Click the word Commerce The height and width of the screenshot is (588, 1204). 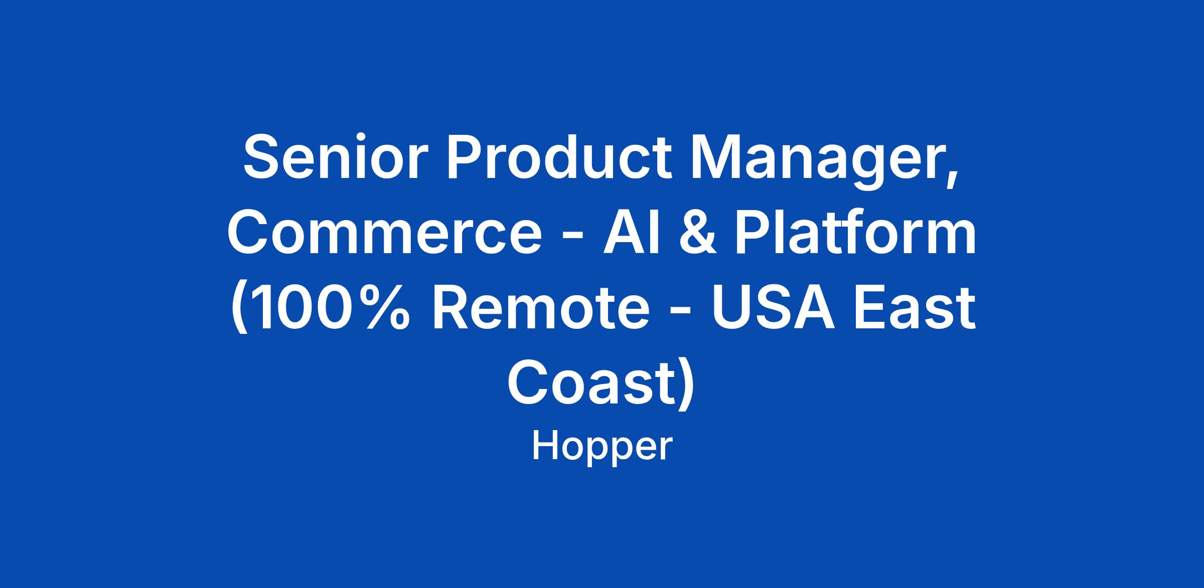tap(385, 232)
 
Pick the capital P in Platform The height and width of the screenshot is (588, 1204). tap(754, 232)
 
